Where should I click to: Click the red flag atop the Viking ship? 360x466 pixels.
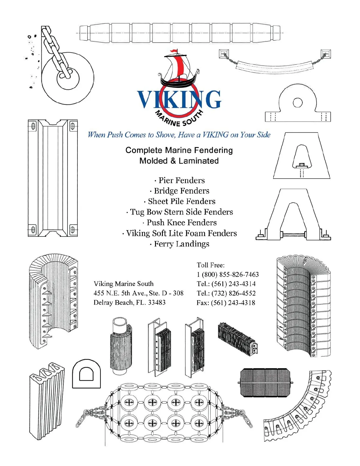[174, 51]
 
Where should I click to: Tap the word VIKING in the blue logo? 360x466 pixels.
[179, 99]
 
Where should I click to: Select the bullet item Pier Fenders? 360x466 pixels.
[179, 180]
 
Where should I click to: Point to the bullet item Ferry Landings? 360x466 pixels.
[179, 244]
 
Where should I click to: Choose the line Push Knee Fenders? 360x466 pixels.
[179, 223]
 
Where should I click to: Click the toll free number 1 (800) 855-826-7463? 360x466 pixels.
[228, 274]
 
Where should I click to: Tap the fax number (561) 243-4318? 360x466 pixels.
[233, 302]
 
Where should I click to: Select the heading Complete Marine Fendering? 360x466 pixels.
[179, 150]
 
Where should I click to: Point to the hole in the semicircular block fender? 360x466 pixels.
[297, 103]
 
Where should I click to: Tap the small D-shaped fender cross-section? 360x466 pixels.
[86, 374]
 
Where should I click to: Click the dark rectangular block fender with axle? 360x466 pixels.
[266, 383]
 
